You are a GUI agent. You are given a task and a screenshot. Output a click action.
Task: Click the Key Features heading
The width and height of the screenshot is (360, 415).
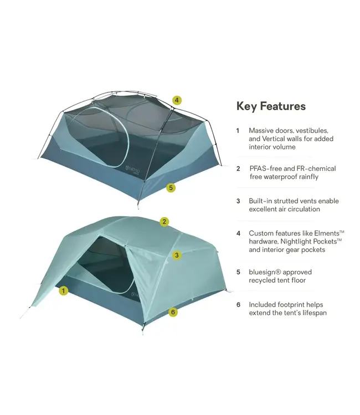271,106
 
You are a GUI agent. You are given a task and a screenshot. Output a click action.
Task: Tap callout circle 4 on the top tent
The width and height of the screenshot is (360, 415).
176,100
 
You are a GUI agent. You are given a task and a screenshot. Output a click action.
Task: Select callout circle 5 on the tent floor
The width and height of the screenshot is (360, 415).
171,188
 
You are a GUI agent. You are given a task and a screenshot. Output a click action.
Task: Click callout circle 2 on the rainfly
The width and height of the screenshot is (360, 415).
164,222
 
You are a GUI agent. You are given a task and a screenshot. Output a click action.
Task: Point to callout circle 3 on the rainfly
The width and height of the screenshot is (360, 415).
176,255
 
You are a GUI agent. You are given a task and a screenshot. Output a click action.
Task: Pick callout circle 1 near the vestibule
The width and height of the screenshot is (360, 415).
63,290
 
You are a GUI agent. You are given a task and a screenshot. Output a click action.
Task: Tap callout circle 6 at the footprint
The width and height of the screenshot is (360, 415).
173,312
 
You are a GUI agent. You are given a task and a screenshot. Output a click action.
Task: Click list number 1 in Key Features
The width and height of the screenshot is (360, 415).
238,131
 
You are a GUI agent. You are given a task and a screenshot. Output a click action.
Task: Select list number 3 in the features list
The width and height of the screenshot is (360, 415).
238,201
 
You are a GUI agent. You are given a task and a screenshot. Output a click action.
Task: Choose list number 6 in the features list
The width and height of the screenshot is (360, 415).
238,304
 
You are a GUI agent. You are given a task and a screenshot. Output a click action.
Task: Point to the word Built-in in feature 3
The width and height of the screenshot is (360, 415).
261,201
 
